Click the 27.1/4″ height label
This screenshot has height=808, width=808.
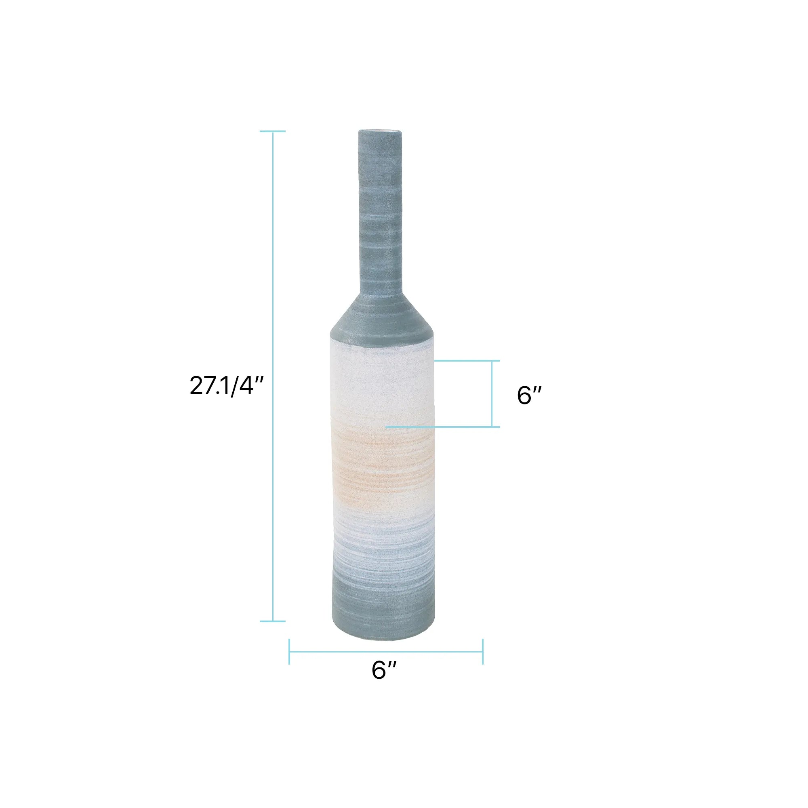point(226,385)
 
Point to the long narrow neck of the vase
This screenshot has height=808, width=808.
point(381,213)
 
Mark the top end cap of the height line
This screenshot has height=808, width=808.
point(273,131)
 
